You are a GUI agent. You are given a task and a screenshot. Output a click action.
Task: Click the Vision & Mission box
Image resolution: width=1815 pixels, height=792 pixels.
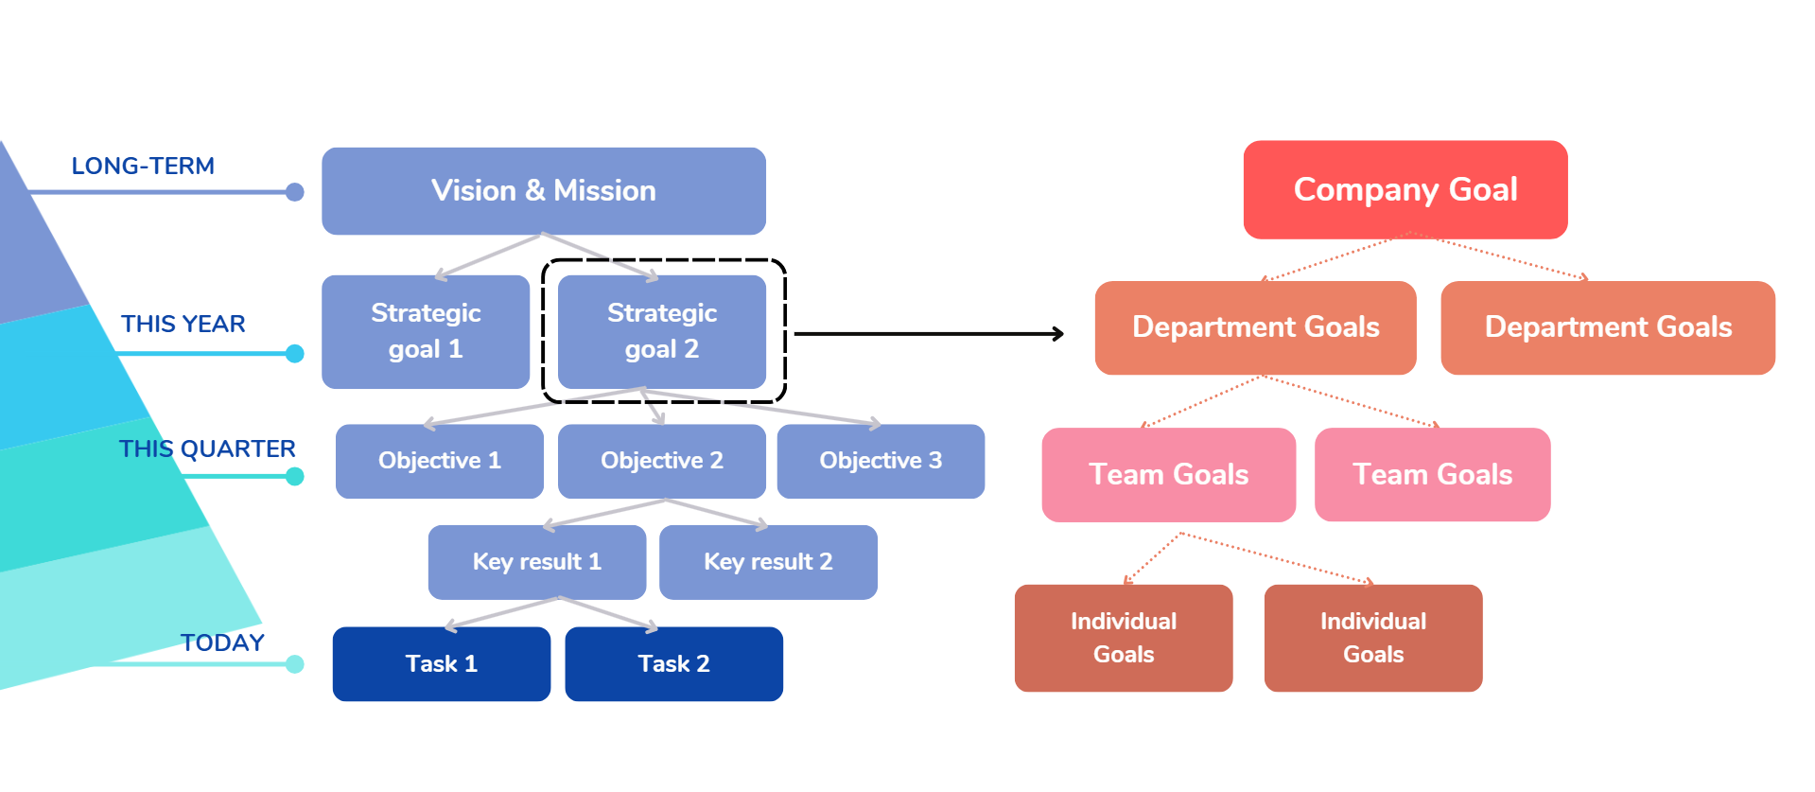pos(544,191)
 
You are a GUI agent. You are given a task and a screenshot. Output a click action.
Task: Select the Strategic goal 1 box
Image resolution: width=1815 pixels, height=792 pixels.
pos(426,331)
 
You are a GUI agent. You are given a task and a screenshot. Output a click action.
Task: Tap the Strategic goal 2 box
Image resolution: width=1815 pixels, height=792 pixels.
pos(662,331)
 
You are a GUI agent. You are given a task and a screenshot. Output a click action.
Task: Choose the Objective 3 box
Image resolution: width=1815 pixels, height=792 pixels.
pos(881,461)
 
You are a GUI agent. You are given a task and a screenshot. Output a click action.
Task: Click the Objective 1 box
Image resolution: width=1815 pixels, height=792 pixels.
pos(440,461)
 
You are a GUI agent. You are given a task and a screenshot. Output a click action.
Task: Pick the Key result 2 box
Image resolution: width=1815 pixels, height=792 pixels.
pos(768,562)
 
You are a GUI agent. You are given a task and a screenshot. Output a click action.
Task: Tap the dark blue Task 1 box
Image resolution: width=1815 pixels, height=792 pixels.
pos(442,663)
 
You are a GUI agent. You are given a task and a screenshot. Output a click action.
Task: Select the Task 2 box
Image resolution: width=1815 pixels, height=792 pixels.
pos(673,663)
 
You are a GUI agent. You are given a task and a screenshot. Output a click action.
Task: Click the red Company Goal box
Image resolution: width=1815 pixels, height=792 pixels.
pos(1405,189)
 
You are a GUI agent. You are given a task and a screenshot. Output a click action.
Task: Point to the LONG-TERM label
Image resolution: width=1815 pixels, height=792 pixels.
pos(143,167)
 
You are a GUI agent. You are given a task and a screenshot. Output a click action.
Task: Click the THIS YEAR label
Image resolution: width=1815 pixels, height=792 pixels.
pos(183,325)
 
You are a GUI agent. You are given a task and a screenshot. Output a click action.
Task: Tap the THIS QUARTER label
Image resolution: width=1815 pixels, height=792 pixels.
pos(207,449)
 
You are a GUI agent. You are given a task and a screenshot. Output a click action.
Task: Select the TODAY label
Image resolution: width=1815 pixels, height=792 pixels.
pos(222,643)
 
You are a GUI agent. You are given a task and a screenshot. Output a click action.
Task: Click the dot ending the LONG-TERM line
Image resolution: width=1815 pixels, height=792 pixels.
pos(295,192)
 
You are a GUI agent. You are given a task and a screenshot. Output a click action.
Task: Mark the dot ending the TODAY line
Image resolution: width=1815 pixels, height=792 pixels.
pos(295,664)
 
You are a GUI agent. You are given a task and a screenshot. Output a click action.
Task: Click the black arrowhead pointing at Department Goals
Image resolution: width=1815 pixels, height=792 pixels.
pos(1058,334)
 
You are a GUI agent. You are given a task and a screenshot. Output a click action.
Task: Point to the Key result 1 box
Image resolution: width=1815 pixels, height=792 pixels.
pos(537,562)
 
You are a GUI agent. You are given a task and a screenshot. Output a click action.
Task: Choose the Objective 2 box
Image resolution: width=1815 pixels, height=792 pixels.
pos(662,461)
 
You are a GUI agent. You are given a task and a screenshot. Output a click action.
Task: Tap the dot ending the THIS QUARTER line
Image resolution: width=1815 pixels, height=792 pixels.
pos(295,476)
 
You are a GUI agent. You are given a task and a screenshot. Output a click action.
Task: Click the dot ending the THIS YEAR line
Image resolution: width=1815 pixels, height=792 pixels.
pos(295,354)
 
